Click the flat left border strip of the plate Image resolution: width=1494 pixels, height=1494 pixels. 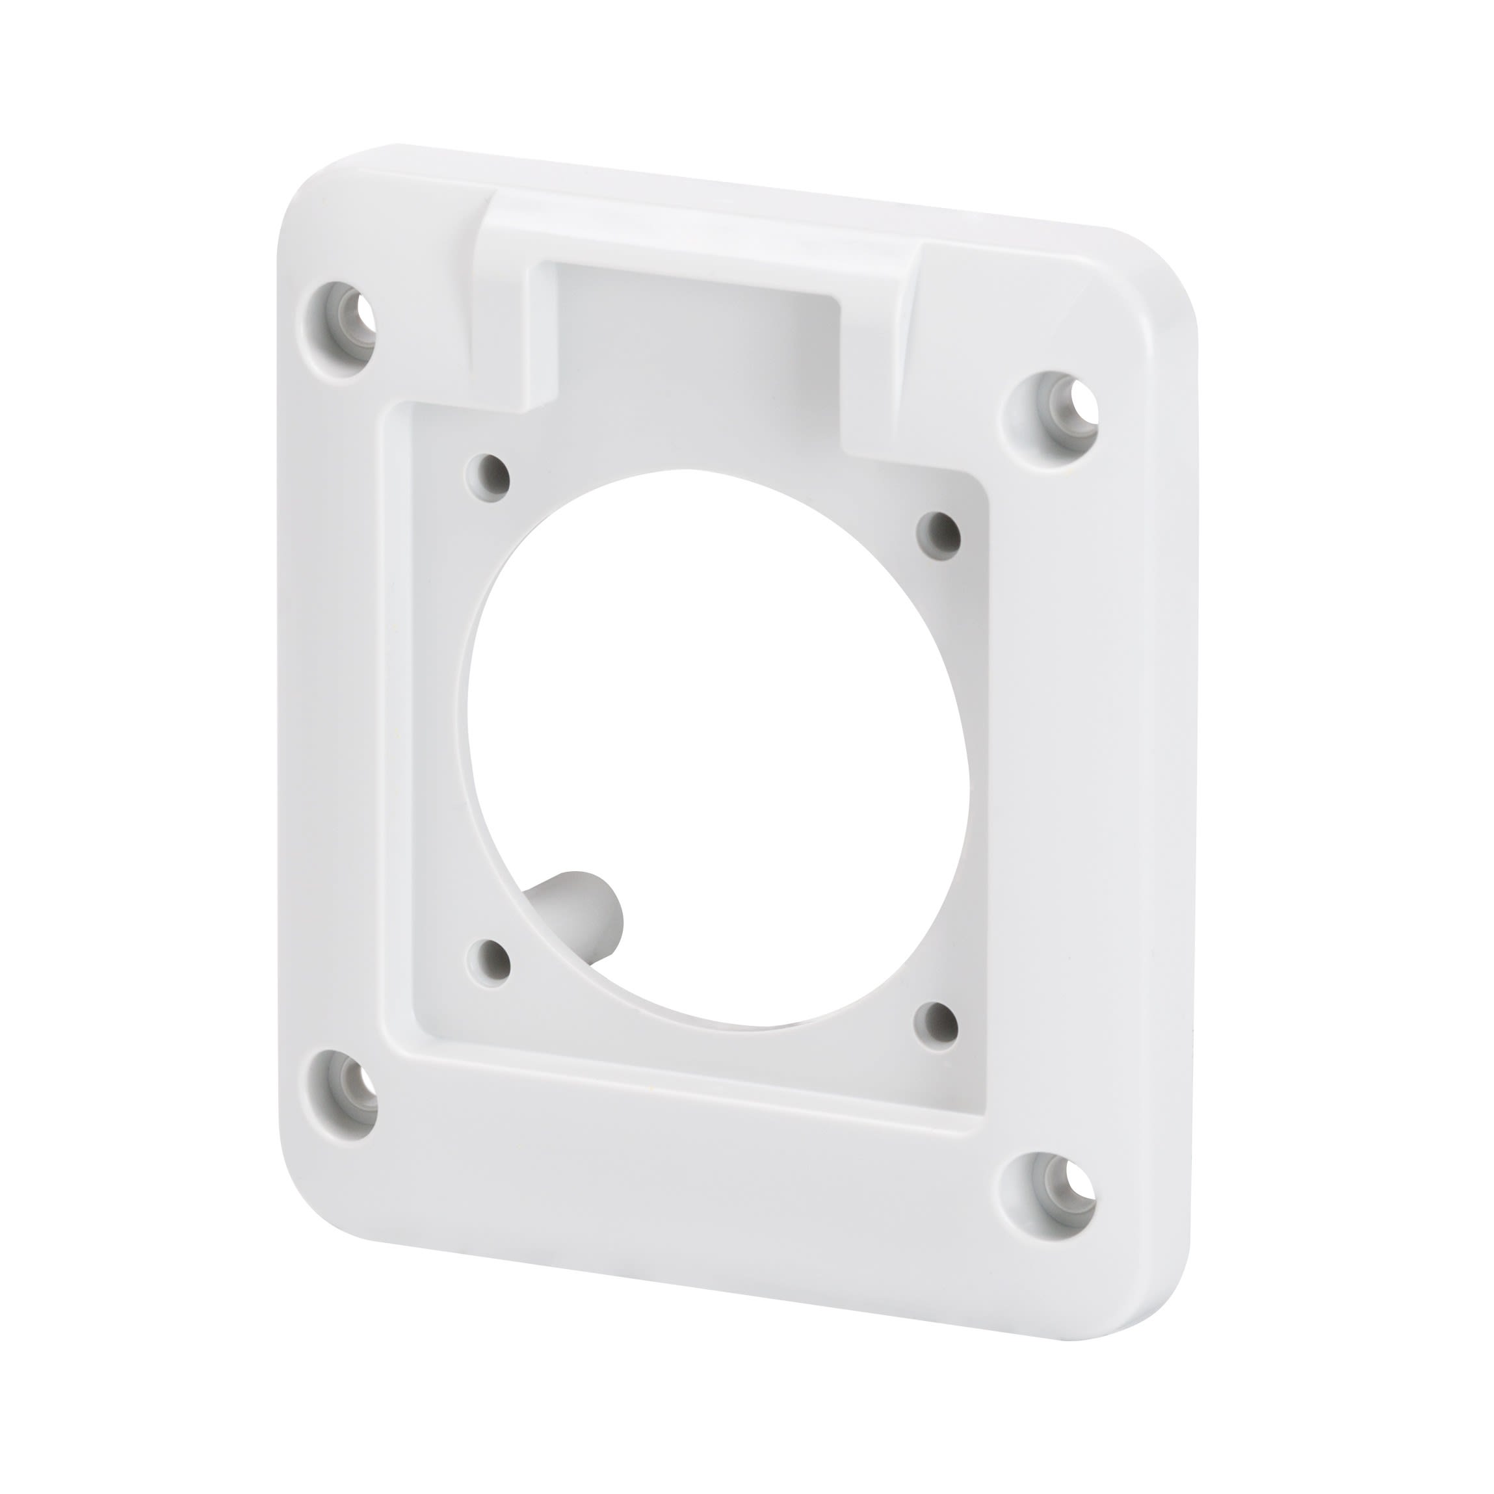[x=332, y=696]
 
